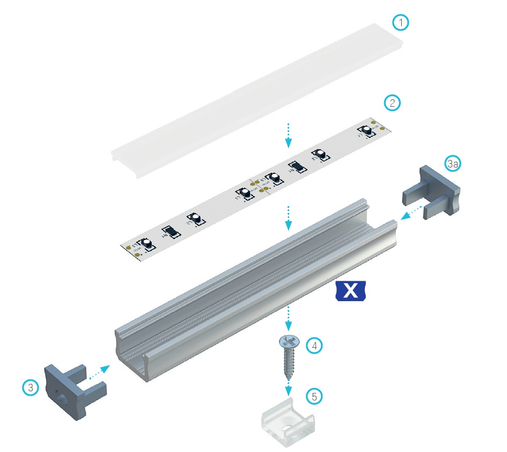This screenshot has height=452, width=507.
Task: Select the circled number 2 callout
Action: pos(393,103)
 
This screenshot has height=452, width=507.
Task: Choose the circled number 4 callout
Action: pos(315,346)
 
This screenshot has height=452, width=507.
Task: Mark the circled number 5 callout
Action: pos(315,397)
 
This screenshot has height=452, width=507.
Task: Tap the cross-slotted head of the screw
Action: pos(289,341)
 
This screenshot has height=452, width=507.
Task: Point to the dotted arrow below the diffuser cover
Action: pos(289,135)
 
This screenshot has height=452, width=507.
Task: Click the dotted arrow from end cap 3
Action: pos(99,373)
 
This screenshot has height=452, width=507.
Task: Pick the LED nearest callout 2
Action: pos(367,130)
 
